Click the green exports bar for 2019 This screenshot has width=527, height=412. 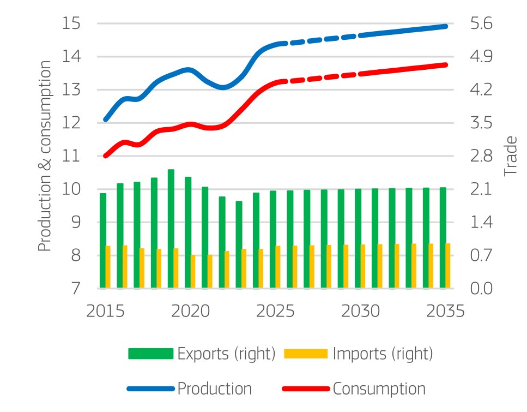coord(171,229)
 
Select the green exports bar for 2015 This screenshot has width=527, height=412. coord(103,241)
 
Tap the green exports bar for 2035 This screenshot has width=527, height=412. coord(443,238)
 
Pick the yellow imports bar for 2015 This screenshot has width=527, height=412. coord(108,267)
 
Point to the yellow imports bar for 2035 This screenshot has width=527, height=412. coord(448,266)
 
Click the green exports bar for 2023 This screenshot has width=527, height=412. coord(239,244)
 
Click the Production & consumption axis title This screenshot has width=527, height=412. coord(46,156)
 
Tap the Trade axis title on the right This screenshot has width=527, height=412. coord(510,156)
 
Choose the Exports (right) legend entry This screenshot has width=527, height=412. coord(202,354)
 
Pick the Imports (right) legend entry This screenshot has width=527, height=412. coord(358,354)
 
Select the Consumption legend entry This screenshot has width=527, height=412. coord(354,389)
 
